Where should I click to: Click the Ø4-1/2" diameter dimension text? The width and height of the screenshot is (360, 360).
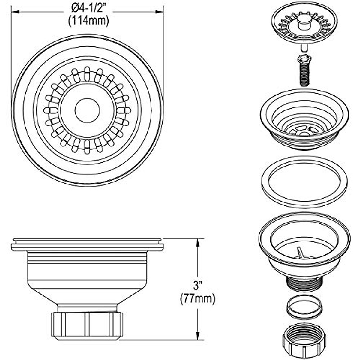(87, 8)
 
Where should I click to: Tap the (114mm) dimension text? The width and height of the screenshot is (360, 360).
(88, 21)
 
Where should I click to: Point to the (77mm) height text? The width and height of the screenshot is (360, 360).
(197, 299)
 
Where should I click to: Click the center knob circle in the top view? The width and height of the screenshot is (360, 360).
(87, 110)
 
